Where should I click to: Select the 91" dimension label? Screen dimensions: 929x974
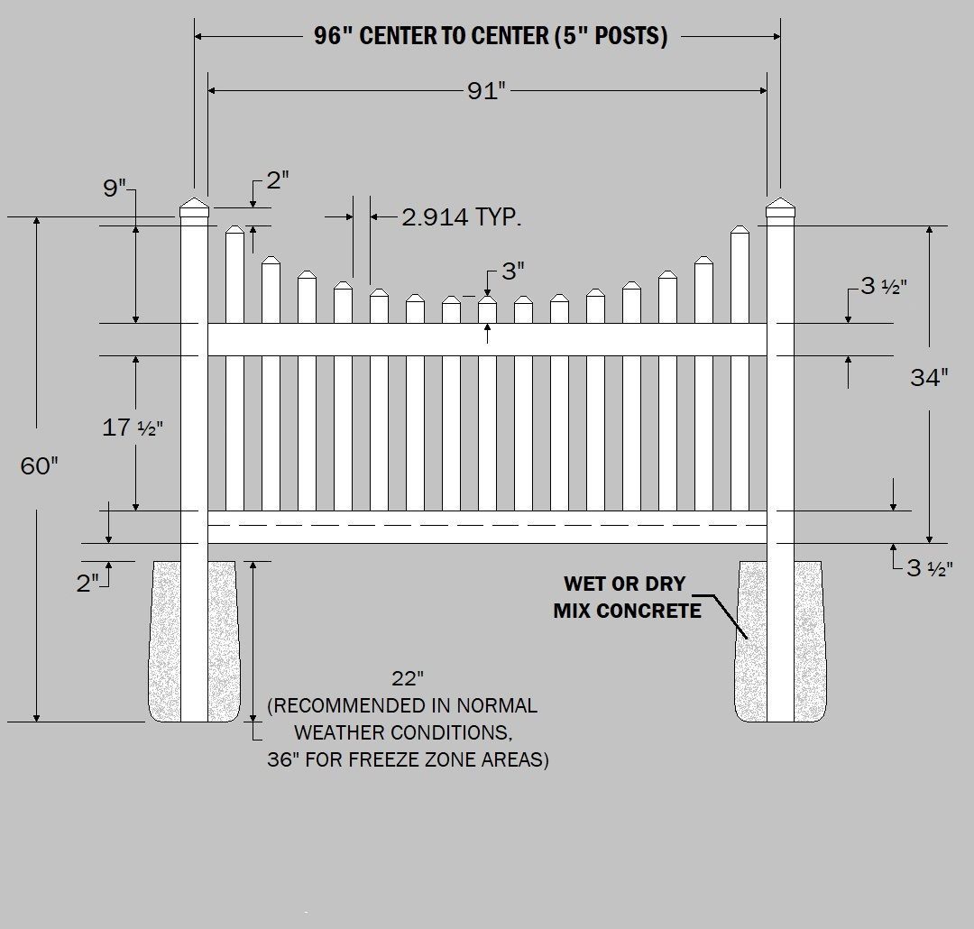coord(486,91)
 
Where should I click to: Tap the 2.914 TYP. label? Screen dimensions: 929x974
coord(462,217)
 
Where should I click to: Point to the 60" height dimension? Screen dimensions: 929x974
coord(40,465)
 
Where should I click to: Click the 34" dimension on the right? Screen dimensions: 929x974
coord(929,377)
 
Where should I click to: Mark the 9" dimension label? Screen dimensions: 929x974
coord(115,189)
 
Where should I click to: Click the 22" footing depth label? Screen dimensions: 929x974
coord(408,677)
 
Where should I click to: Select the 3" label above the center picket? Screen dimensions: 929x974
coord(512,271)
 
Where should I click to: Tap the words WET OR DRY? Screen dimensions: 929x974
coord(625,584)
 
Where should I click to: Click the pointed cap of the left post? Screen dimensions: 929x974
coord(194,209)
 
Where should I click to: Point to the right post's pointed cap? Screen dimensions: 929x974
coord(780,209)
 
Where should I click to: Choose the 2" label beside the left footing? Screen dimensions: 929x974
coord(87,584)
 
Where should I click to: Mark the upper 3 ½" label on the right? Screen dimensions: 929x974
coord(883,287)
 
